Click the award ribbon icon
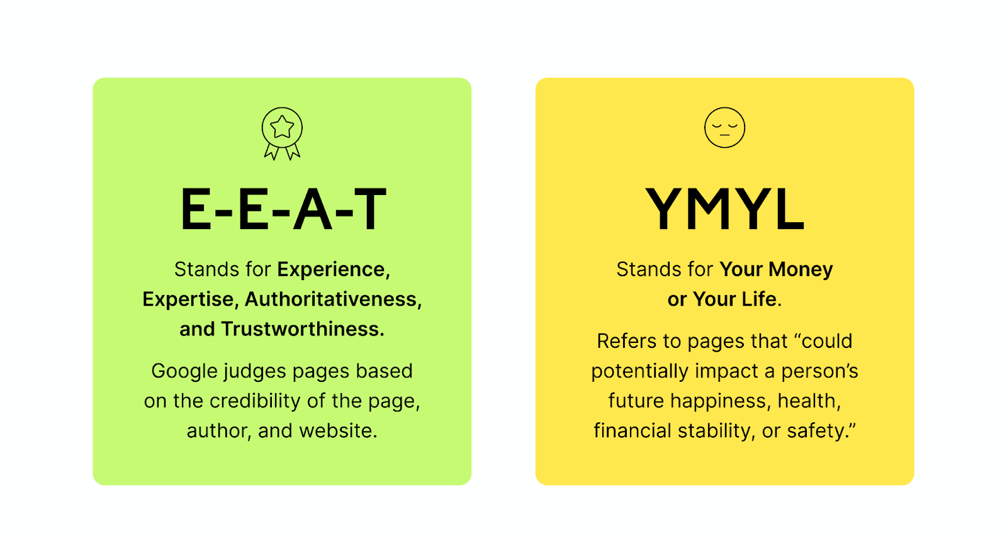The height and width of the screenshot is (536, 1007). [282, 128]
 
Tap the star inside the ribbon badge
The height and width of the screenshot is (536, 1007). [282, 126]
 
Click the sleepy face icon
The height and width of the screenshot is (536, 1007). [724, 128]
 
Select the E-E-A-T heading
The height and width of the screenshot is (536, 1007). [283, 209]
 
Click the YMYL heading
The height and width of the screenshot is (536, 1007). [724, 209]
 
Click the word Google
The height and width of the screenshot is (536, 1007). [184, 372]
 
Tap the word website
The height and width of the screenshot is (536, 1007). [338, 430]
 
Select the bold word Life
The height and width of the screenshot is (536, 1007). [760, 299]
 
